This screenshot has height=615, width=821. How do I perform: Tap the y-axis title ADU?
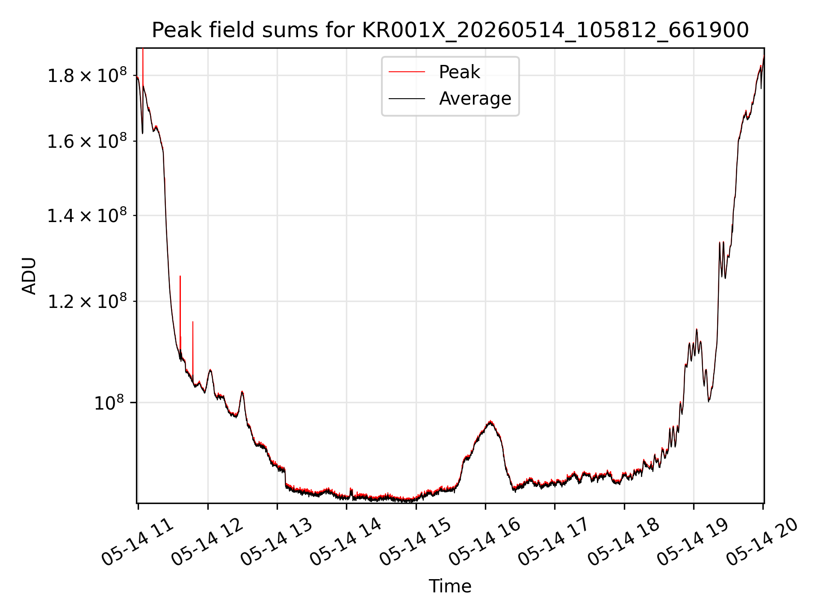(x=29, y=276)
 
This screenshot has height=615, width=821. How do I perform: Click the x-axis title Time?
(x=450, y=586)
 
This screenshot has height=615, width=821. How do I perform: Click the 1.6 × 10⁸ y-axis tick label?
(x=87, y=141)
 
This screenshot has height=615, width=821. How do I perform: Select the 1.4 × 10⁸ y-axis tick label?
(x=87, y=215)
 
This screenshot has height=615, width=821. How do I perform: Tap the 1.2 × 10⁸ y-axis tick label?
(x=87, y=301)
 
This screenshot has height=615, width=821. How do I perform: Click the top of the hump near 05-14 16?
(x=490, y=421)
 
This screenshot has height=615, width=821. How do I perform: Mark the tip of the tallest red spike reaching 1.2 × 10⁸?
(x=180, y=276)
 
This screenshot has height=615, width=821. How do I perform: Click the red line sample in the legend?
(x=407, y=72)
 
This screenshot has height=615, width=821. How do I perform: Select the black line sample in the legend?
(x=407, y=99)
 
